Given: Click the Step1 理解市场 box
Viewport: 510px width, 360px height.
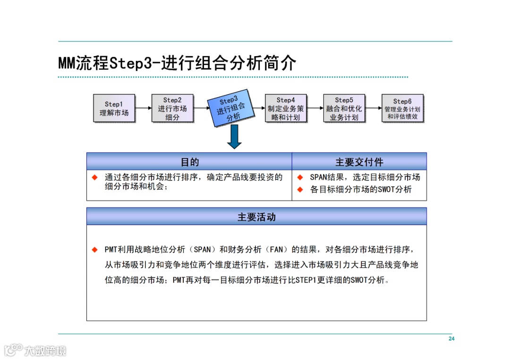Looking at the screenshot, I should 114,109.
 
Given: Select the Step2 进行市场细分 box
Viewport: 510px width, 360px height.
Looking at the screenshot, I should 172,109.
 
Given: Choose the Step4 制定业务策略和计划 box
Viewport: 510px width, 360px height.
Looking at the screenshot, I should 286,109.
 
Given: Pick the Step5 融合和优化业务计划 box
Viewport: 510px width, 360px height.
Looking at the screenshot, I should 344,109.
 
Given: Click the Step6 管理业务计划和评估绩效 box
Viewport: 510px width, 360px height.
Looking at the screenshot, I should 402,109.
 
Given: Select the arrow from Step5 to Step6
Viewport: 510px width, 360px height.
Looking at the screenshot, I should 373,109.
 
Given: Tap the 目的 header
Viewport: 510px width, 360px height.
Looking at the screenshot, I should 189,162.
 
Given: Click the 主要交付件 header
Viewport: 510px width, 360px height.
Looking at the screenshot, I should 359,162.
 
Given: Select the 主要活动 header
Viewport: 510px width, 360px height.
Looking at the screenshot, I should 256,217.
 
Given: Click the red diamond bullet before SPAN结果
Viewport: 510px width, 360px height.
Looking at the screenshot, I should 300,177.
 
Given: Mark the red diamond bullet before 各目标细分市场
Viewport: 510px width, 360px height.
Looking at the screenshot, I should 300,190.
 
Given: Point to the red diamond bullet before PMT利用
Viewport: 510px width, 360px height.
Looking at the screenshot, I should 95,249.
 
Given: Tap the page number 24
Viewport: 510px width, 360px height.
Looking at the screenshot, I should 451,339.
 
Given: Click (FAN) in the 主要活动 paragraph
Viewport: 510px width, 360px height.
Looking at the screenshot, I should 278,249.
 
